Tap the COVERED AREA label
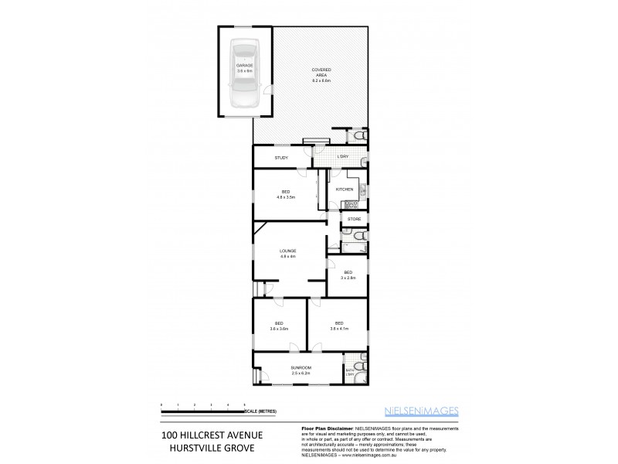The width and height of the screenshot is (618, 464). [x=321, y=71]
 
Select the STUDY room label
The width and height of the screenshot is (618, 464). [x=281, y=159]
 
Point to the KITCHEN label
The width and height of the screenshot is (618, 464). [x=344, y=189]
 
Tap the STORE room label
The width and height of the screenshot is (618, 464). [x=354, y=220]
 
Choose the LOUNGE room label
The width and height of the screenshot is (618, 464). [x=287, y=251]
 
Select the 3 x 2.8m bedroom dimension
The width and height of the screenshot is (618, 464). [x=348, y=277]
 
